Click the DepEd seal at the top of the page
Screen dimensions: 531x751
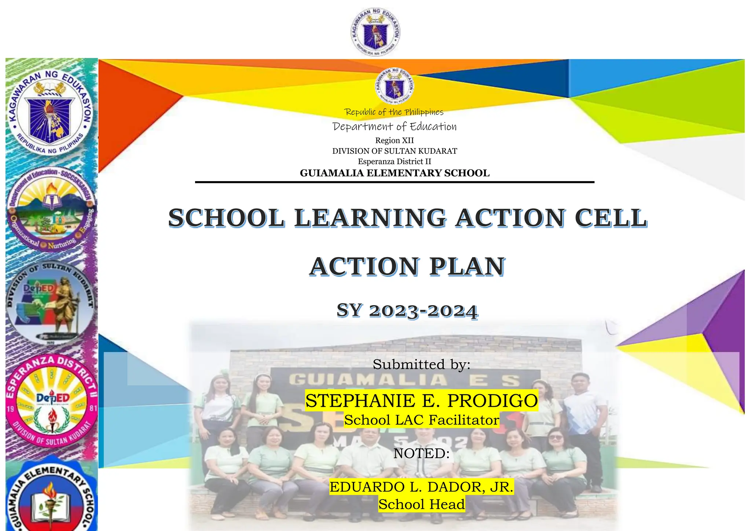coord(375,32)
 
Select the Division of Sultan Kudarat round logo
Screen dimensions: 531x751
coord(51,303)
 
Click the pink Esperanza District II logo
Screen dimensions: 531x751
coord(51,401)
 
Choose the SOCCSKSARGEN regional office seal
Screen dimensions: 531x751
coord(51,209)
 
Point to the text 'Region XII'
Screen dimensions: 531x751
coord(395,140)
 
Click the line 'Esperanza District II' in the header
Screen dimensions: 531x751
coord(395,161)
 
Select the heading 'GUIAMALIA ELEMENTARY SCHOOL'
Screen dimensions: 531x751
coord(395,173)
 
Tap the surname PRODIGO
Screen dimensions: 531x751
coord(492,400)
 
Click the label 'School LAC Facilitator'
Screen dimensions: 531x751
coord(422,420)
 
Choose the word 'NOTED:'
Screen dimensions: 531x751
coord(422,454)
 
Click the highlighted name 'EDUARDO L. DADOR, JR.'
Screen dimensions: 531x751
coord(422,487)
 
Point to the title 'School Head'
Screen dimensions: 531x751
coord(422,505)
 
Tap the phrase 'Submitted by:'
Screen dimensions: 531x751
coord(422,365)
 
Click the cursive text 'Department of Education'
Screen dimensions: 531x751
coord(395,127)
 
